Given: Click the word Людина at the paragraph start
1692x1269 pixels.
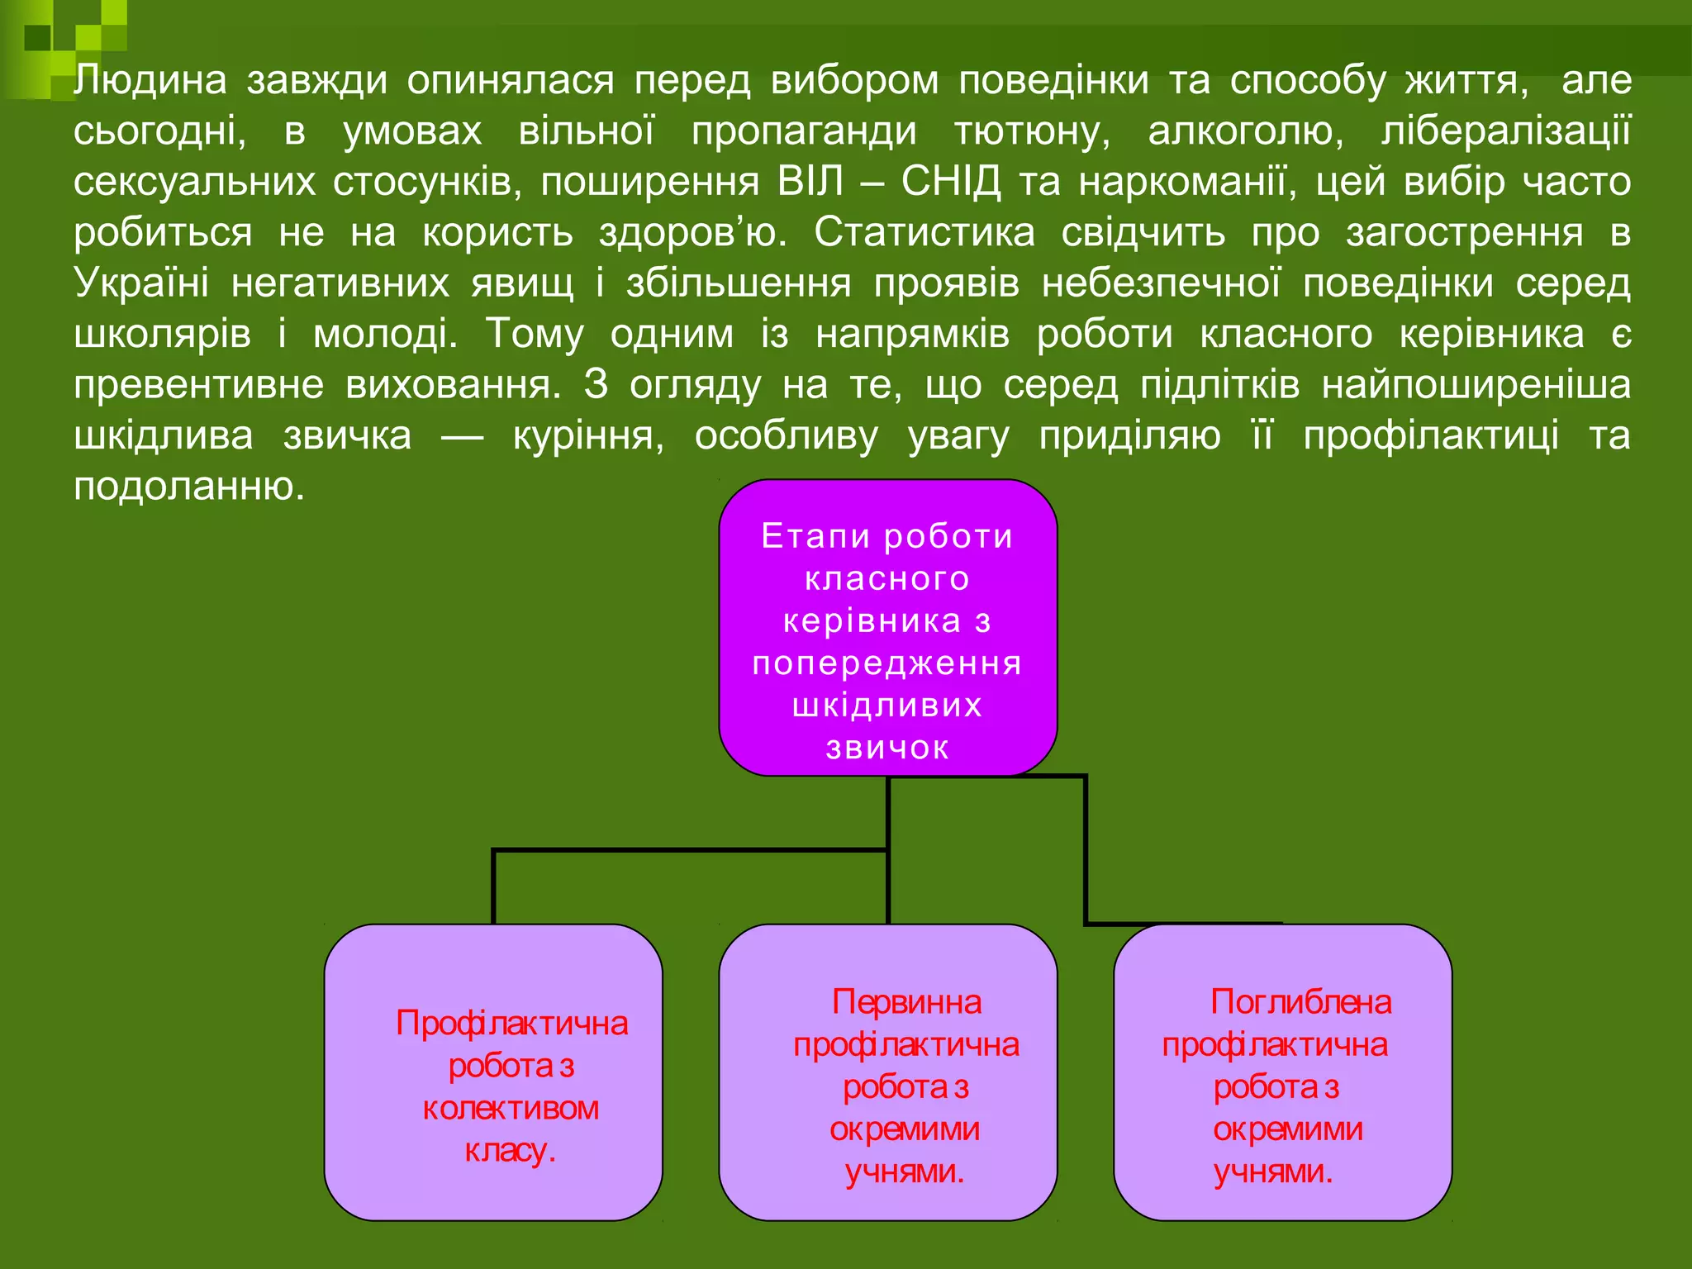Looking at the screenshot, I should click(x=150, y=80).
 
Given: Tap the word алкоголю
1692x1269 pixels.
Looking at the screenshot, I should click(x=1246, y=132).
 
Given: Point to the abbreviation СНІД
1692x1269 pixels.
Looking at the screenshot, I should click(x=951, y=182).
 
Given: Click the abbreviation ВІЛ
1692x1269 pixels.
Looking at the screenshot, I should click(x=810, y=182).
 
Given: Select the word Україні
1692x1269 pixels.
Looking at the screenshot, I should click(x=141, y=283).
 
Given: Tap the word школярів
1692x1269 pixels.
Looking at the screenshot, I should click(x=162, y=335).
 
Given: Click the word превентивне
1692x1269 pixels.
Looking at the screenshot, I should click(x=198, y=386).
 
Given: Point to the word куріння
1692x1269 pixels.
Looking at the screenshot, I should click(x=588, y=436).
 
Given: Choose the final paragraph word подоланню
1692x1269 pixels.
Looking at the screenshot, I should click(x=189, y=487).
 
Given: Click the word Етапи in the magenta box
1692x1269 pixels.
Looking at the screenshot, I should click(x=815, y=536).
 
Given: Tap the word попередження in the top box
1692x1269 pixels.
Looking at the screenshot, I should click(x=887, y=663).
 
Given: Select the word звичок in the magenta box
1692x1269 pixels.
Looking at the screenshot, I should click(x=887, y=748).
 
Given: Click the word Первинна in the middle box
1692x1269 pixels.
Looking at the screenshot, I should click(x=906, y=1002).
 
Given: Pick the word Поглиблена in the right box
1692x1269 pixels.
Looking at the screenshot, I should click(x=1300, y=1002).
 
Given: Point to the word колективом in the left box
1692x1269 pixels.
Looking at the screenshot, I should click(x=511, y=1108).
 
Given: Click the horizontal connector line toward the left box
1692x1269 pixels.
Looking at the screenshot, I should click(x=690, y=849).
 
